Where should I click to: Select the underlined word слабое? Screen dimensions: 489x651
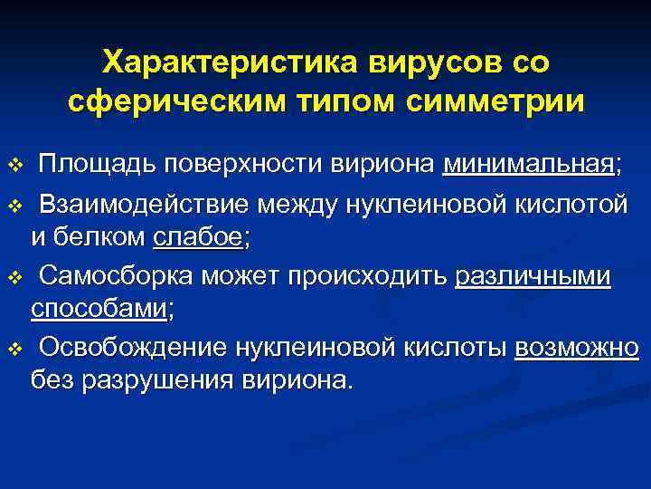coord(199,238)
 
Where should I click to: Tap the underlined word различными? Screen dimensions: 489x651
coord(533,274)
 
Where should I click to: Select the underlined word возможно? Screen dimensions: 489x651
coord(577,347)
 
